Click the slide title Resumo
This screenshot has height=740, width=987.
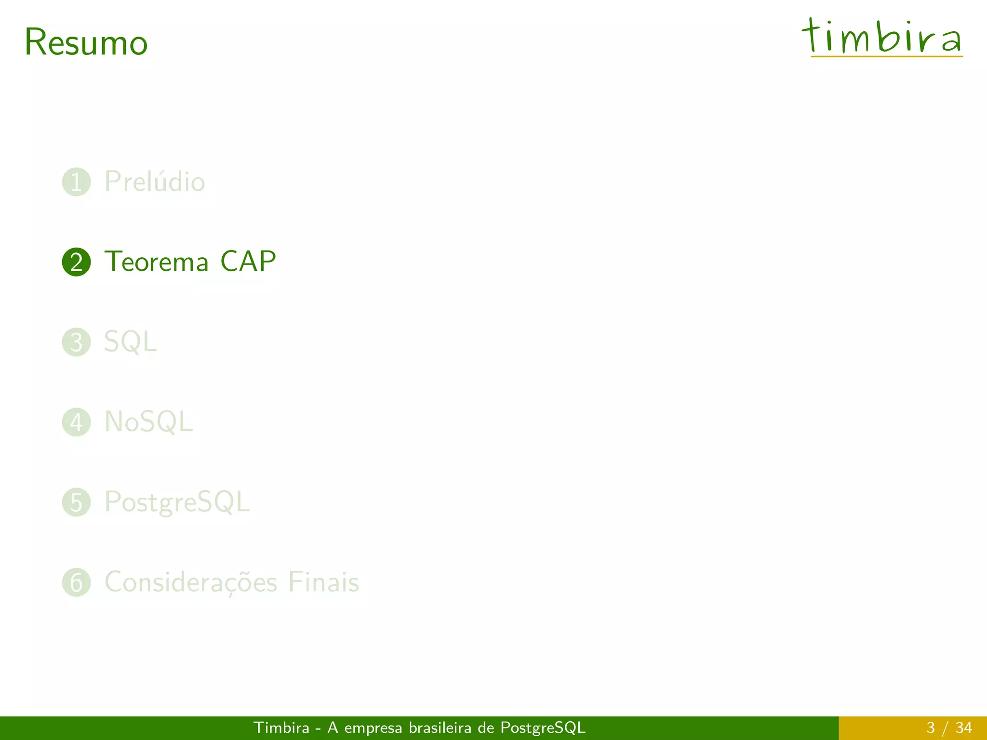pos(86,42)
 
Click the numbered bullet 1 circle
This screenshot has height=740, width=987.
pos(76,182)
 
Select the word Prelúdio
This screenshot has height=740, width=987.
pos(155,182)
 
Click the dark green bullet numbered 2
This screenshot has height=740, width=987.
pos(76,262)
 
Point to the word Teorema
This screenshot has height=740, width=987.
pos(157,262)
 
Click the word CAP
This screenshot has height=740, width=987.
pos(248,262)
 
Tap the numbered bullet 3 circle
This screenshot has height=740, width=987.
pos(76,342)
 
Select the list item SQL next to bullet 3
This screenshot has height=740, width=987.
pos(130,342)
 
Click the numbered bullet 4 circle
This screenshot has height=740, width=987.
pos(76,422)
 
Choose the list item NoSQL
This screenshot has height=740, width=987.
pos(148,422)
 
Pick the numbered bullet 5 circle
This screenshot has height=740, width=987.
pos(76,502)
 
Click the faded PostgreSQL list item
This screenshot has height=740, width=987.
pos(177,502)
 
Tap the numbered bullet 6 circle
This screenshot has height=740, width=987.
pos(76,582)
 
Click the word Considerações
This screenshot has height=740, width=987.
pos(191,582)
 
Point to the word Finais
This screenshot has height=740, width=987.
pos(323,582)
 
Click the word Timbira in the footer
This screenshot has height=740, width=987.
pos(281,727)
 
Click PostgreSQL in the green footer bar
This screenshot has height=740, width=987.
pos(543,727)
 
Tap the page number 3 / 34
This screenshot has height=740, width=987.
pos(949,727)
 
